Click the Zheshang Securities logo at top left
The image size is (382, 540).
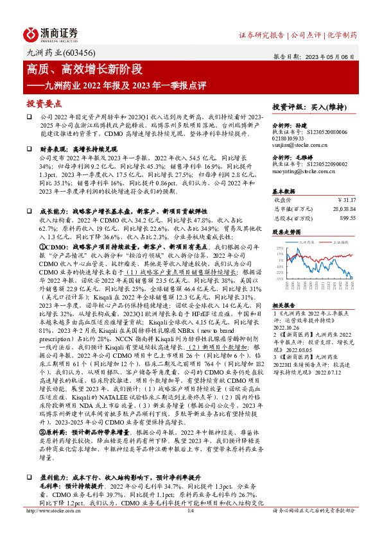point(51,33)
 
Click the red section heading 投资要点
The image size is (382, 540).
point(44,103)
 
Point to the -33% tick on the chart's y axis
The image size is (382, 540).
point(279,279)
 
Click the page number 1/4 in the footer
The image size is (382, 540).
point(191,528)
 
